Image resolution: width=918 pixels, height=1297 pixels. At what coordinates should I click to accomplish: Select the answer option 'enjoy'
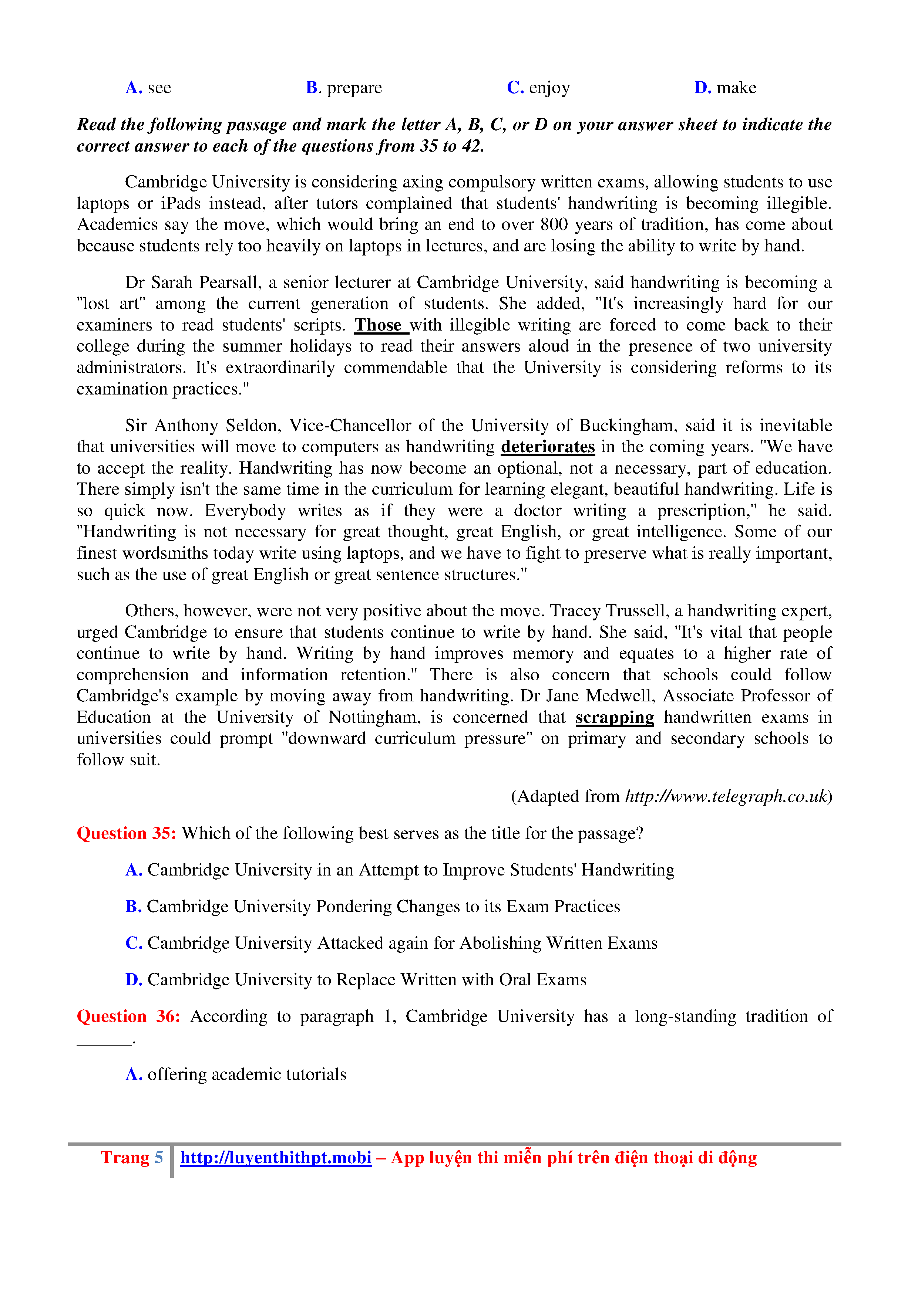pyautogui.click(x=549, y=88)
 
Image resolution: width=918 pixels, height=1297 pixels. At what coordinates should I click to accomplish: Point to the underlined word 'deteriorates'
pyautogui.click(x=548, y=447)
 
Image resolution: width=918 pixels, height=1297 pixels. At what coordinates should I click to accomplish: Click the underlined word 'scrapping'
pyautogui.click(x=615, y=717)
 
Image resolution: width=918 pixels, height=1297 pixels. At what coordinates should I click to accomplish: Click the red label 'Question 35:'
pyautogui.click(x=127, y=833)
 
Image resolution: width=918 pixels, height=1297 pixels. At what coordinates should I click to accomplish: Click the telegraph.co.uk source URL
pyautogui.click(x=726, y=796)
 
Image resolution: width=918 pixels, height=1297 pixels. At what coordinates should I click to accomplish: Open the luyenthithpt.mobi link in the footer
pyautogui.click(x=276, y=1158)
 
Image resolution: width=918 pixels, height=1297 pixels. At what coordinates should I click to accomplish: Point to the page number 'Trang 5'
pyautogui.click(x=132, y=1158)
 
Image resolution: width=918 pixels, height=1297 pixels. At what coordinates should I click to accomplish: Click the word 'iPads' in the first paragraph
pyautogui.click(x=181, y=203)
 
